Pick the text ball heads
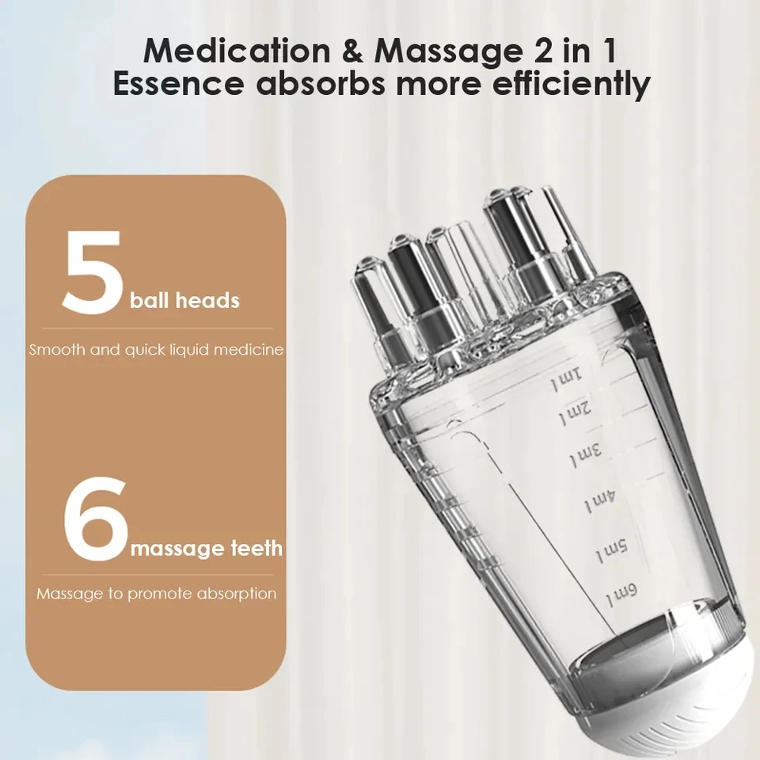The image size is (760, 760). click(x=184, y=301)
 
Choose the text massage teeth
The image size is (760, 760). click(x=206, y=548)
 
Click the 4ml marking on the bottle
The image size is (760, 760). click(x=599, y=500)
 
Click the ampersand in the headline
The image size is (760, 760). click(x=354, y=50)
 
